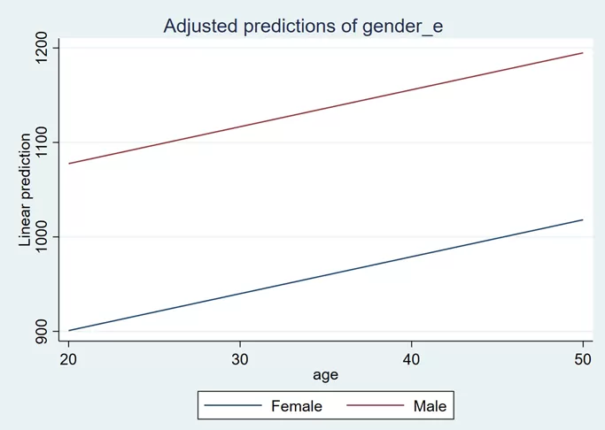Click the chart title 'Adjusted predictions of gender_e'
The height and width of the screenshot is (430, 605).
pyautogui.click(x=303, y=27)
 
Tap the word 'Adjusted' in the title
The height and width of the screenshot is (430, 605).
pyautogui.click(x=201, y=27)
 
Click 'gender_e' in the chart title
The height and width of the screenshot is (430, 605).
pyautogui.click(x=403, y=27)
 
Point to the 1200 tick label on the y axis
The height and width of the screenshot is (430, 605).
pyautogui.click(x=41, y=48)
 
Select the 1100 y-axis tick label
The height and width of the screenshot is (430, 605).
pyautogui.click(x=41, y=142)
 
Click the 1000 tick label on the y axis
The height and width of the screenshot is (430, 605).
pyautogui.click(x=41, y=236)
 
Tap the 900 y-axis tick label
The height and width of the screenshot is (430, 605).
pyautogui.click(x=41, y=332)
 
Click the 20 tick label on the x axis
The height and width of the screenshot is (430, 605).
pyautogui.click(x=68, y=359)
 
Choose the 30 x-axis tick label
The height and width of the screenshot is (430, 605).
pyautogui.click(x=239, y=359)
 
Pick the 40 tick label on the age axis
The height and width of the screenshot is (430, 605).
pyautogui.click(x=411, y=359)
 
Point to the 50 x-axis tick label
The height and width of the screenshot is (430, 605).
pyautogui.click(x=583, y=359)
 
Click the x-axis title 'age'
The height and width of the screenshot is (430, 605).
pyautogui.click(x=326, y=375)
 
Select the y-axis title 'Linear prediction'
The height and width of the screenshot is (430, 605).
pyautogui.click(x=25, y=189)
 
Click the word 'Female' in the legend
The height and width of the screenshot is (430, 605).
pyautogui.click(x=297, y=406)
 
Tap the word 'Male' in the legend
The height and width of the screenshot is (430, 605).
pyautogui.click(x=430, y=406)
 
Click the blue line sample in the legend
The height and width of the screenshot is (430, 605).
pyautogui.click(x=233, y=405)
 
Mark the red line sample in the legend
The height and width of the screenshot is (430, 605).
pyautogui.click(x=375, y=405)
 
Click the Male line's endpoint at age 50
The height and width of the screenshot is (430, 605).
pyautogui.click(x=583, y=53)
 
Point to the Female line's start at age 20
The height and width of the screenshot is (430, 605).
pyautogui.click(x=69, y=331)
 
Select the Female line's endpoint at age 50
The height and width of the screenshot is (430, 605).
pyautogui.click(x=583, y=219)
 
